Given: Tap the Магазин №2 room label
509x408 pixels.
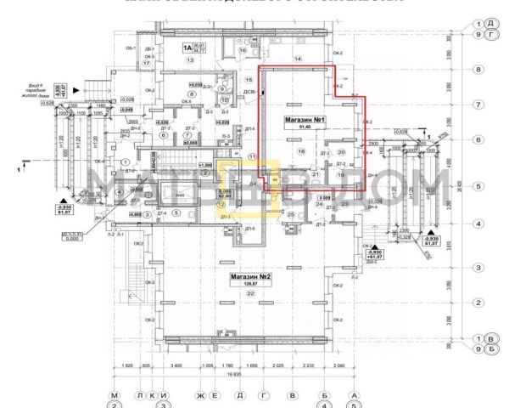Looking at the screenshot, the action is (x=247, y=277).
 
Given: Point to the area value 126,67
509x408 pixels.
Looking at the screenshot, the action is (x=250, y=285).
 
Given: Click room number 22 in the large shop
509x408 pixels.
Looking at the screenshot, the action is (x=250, y=294).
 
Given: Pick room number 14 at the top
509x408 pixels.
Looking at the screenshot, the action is (x=298, y=58).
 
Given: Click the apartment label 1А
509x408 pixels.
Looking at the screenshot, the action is (x=184, y=49).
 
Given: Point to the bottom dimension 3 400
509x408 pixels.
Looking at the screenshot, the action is (x=176, y=365).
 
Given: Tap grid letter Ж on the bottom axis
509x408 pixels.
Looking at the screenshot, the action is (x=201, y=395).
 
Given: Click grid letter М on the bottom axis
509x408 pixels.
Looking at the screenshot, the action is (x=115, y=395).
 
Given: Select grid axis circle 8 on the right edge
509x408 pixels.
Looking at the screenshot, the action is (x=478, y=70).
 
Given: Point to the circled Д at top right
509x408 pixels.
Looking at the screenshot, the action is (x=490, y=23).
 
